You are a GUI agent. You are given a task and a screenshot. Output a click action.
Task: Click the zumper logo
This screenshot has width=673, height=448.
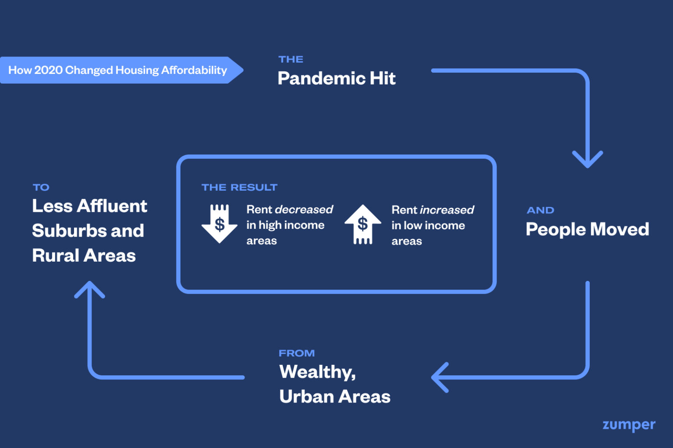coord(629,425)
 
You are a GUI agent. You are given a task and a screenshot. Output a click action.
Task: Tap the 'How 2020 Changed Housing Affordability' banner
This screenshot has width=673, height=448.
coord(118,70)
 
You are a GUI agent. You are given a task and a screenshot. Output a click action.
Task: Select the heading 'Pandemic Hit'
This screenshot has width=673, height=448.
coord(336,79)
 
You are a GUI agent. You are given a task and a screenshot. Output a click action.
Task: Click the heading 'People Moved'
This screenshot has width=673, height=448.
coord(587,230)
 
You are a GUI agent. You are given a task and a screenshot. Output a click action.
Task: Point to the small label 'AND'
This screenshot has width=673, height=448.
coord(540,210)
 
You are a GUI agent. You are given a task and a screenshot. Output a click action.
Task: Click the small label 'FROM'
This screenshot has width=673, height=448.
coord(297,353)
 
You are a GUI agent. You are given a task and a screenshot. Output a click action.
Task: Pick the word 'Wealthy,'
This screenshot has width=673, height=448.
coord(318,372)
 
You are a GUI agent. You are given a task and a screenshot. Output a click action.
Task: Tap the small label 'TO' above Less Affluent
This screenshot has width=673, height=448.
coord(41,187)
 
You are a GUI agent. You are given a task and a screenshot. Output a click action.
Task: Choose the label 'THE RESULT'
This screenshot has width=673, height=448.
coord(239,187)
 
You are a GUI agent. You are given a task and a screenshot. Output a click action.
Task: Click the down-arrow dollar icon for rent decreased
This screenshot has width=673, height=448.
coord(220,223)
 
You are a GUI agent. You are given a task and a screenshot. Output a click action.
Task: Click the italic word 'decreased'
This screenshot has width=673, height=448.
coord(304,210)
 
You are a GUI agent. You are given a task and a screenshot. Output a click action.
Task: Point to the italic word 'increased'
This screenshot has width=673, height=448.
coord(447,210)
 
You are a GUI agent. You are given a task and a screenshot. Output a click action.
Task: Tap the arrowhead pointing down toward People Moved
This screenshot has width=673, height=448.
coord(588,159)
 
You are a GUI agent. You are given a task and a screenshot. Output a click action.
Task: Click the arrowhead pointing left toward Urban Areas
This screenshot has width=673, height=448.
coord(440,377)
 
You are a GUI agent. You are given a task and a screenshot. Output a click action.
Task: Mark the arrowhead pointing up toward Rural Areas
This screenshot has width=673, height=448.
coord(89,290)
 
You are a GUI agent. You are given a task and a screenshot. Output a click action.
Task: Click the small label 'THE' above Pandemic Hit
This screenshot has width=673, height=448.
coord(291,59)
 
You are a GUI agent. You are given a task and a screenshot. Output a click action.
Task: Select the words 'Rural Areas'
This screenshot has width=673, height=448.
coord(84,255)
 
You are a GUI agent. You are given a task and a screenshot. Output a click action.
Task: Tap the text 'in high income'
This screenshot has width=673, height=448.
coord(285,225)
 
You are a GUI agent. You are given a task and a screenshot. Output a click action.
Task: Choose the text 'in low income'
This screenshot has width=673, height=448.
coord(428,226)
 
